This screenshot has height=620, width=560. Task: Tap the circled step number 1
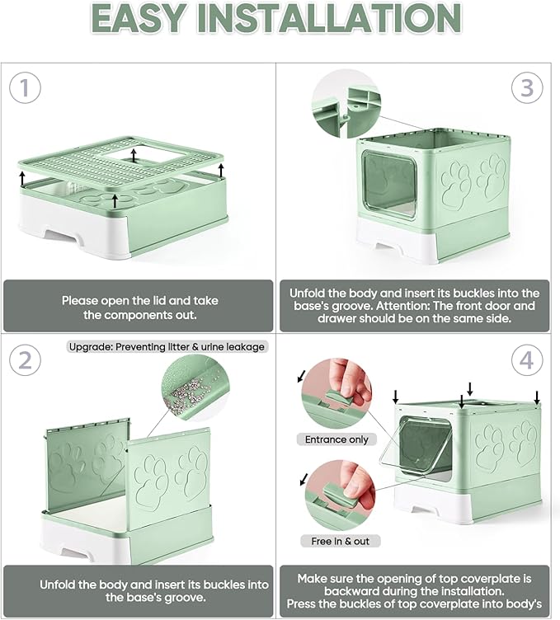[26, 88]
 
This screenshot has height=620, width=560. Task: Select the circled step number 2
[26, 359]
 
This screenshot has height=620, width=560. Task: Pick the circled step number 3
[526, 88]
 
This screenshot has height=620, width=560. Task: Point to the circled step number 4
[526, 359]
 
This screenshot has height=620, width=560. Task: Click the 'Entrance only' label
[336, 439]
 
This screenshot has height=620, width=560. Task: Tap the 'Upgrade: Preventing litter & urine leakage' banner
[168, 346]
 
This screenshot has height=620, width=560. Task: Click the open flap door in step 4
[426, 445]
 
